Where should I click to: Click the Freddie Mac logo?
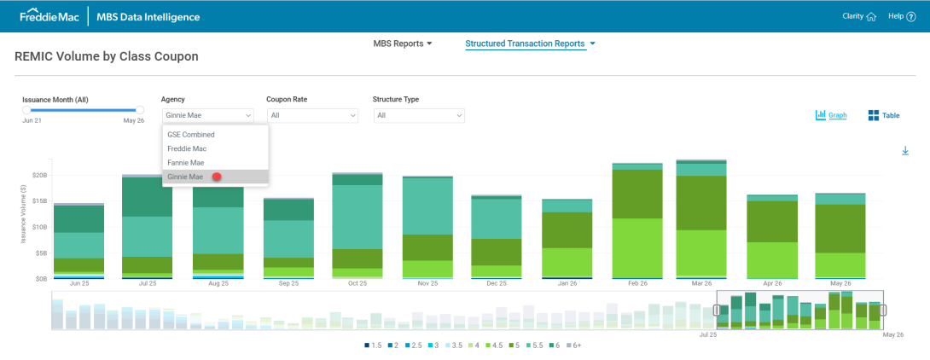(x=50, y=16)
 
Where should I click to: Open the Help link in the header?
(x=902, y=16)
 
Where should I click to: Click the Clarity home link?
(x=859, y=16)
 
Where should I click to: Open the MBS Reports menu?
(x=403, y=44)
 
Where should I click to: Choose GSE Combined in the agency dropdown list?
(x=191, y=135)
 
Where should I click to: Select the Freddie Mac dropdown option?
(x=187, y=148)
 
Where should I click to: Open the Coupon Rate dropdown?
(x=312, y=115)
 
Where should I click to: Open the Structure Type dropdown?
(x=419, y=115)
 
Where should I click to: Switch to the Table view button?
(x=884, y=115)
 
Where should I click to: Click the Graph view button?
(x=831, y=115)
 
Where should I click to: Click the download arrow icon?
(x=905, y=151)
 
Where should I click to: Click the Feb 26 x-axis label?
(x=636, y=284)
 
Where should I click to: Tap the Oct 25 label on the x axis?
(x=357, y=284)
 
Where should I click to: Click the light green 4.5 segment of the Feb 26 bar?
(x=637, y=248)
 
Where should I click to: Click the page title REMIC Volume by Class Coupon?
(x=106, y=57)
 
